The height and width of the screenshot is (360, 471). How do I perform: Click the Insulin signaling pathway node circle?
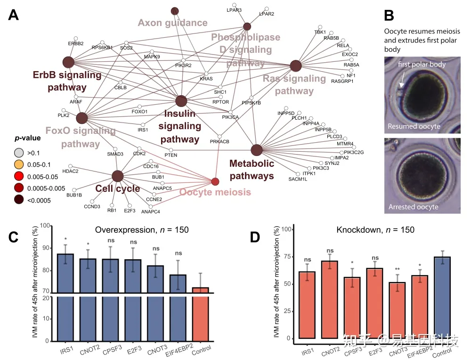pyautogui.click(x=181, y=101)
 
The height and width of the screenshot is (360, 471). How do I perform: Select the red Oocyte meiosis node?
pyautogui.click(x=215, y=181)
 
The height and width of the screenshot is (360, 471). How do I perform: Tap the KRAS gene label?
pyautogui.click(x=206, y=79)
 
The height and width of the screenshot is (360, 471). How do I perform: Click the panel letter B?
pyautogui.click(x=389, y=16)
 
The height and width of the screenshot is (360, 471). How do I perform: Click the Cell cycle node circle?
pyautogui.click(x=118, y=176)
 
